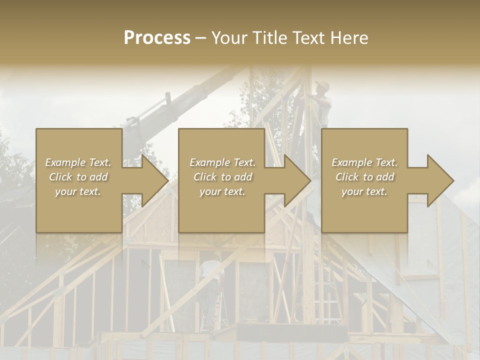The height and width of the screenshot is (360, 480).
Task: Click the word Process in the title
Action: (157, 38)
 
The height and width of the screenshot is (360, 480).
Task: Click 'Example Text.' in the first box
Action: (78, 162)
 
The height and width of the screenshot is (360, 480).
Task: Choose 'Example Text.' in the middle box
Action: (222, 162)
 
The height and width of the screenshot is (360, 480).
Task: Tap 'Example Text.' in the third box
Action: (364, 162)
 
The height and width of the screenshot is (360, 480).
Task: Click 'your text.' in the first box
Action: (78, 191)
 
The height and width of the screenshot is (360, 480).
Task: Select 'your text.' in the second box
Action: (222, 191)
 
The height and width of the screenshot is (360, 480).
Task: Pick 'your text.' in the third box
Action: (364, 191)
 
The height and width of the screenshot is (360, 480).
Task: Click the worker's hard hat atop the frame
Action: (323, 85)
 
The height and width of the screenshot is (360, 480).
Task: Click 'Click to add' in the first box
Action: (78, 177)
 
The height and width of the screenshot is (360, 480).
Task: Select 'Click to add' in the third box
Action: (364, 177)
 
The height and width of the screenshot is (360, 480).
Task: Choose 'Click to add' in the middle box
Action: (222, 177)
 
